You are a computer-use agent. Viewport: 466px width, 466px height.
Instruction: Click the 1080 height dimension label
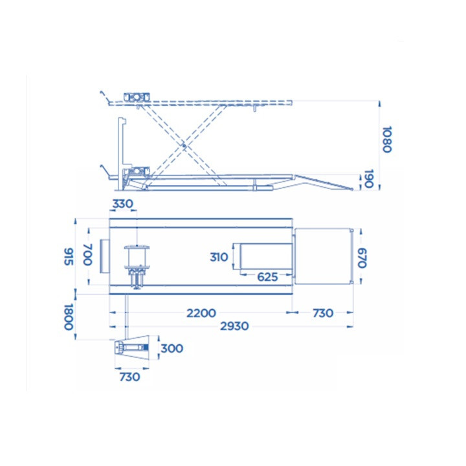coord(387,139)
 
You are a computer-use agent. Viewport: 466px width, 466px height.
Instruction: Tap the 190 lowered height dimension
coord(368,179)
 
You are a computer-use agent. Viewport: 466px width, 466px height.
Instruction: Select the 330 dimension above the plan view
coord(122,204)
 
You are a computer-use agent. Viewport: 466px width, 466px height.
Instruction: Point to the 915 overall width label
coord(69,256)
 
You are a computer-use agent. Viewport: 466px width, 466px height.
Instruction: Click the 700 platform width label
coord(88,254)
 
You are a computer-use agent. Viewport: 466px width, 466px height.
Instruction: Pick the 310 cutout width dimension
coord(219,257)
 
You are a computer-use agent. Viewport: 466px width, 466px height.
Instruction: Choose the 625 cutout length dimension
coord(267,277)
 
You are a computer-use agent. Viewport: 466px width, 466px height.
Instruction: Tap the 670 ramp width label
coord(362,258)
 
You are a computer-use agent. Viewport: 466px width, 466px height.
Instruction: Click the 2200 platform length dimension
coord(201,313)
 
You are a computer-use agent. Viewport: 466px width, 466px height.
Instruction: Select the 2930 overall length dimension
coord(234,326)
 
